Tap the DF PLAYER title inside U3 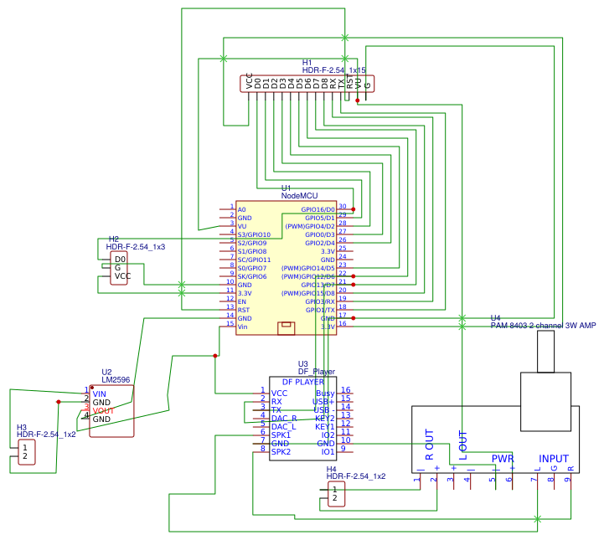click(x=303, y=381)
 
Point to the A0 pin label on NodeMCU click(x=241, y=209)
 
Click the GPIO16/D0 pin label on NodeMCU click(x=318, y=209)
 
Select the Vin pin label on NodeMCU click(x=242, y=327)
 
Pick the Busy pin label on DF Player click(x=325, y=393)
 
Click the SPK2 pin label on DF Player click(x=281, y=451)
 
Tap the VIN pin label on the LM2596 click(x=100, y=393)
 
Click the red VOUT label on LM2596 click(x=103, y=411)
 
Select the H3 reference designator click(x=22, y=427)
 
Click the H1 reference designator click(x=307, y=63)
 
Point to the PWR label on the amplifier click(x=502, y=459)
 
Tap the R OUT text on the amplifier click(x=430, y=445)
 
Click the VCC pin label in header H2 click(x=122, y=276)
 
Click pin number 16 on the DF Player click(x=345, y=391)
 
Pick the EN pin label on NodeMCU click(x=241, y=301)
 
